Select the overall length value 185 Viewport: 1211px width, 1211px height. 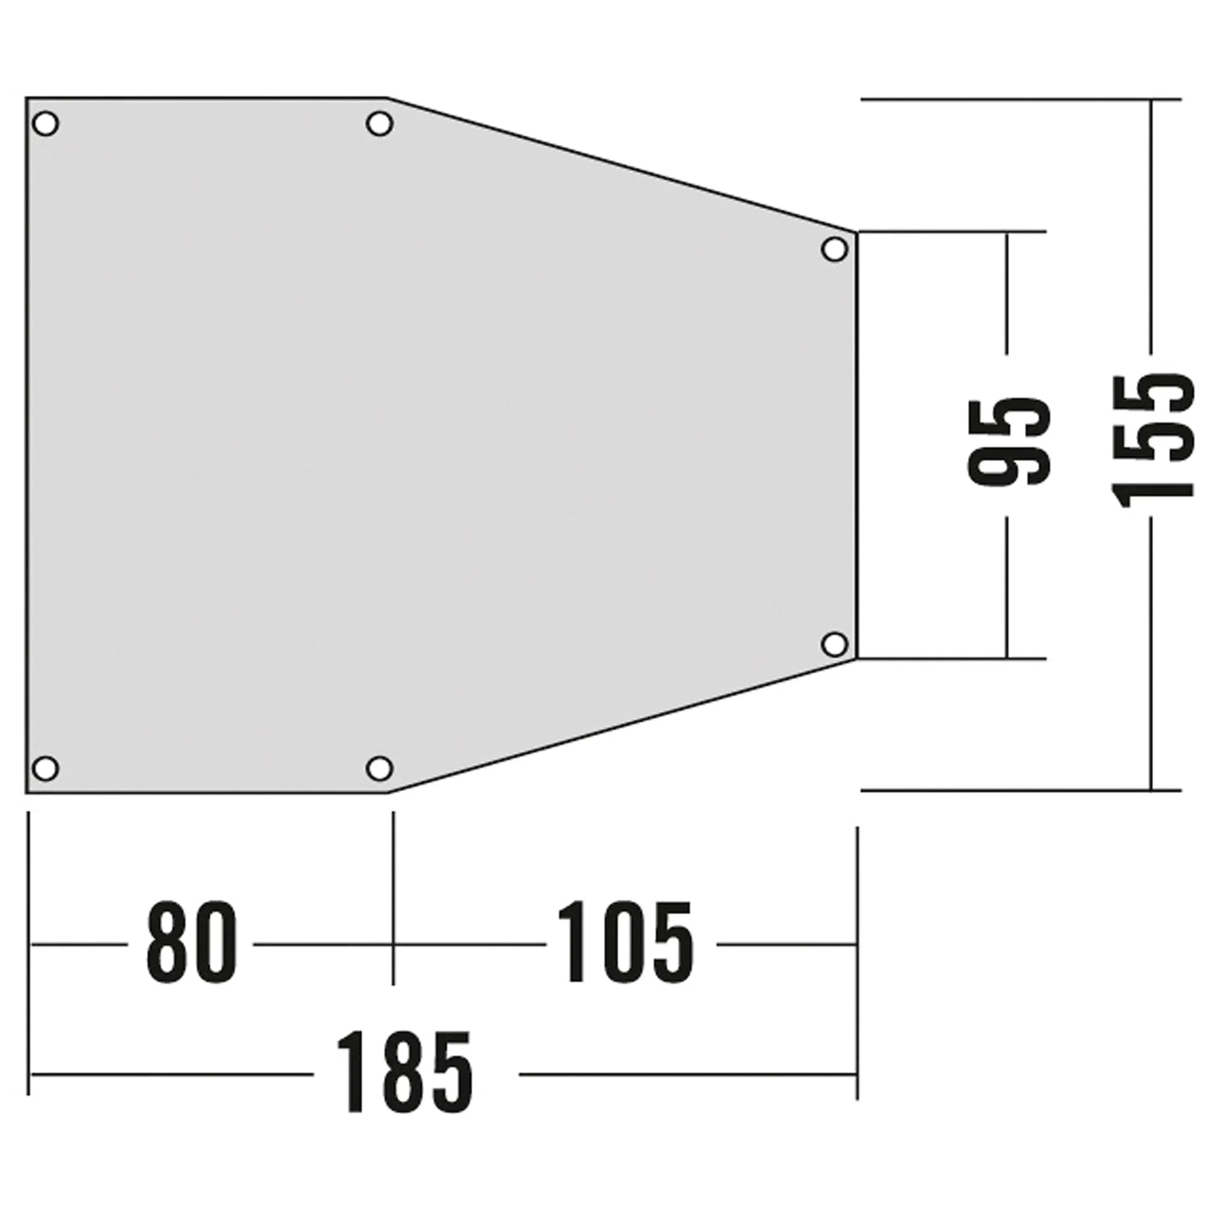click(x=404, y=1072)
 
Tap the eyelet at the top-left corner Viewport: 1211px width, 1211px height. click(x=45, y=124)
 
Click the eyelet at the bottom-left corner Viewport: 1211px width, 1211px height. click(x=45, y=769)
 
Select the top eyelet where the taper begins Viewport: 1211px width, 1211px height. click(x=379, y=124)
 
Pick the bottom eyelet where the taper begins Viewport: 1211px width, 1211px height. click(x=379, y=769)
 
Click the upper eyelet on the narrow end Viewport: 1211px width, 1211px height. click(x=835, y=249)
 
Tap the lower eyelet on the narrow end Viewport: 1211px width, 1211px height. click(x=835, y=643)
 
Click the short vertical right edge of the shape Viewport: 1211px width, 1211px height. click(x=857, y=442)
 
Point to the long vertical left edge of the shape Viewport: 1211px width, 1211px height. click(x=26, y=442)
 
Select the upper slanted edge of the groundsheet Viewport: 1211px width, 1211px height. click(x=621, y=165)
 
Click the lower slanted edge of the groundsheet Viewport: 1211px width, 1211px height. click(x=621, y=726)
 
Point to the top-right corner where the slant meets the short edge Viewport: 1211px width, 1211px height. click(x=856, y=233)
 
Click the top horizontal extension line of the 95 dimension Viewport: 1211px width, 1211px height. click(x=952, y=231)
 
